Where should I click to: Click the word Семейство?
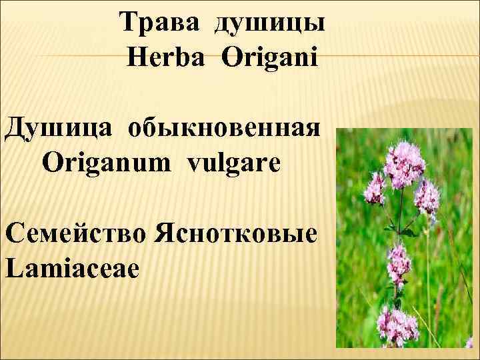77,235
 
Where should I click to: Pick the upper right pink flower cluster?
427,194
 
